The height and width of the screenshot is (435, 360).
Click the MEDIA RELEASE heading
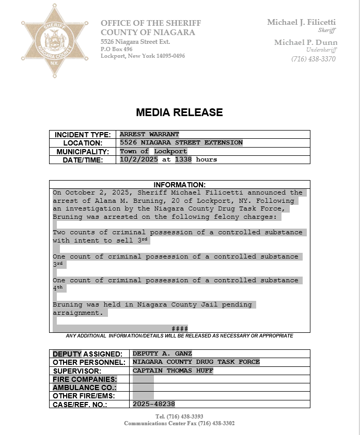tap(179, 112)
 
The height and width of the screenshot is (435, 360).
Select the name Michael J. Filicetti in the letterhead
tap(301, 22)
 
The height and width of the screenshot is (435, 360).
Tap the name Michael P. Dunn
tap(306, 42)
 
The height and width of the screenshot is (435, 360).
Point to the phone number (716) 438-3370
tap(313, 59)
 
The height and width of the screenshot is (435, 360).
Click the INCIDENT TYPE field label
tap(83, 135)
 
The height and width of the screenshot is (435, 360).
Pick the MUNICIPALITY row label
tap(83, 152)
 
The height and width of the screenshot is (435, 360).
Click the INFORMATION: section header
tap(179, 185)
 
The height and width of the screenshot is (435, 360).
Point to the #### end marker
tap(179, 329)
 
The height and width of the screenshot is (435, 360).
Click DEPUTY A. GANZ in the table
tap(162, 354)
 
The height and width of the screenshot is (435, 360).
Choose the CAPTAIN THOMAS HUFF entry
tap(173, 370)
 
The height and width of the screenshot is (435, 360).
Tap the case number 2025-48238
tap(154, 404)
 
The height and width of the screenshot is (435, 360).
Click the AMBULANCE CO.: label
tap(84, 388)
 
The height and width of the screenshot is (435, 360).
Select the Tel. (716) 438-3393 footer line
tap(179, 416)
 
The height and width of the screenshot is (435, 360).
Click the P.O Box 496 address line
tap(117, 49)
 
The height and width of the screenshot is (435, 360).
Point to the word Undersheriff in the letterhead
tap(321, 50)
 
